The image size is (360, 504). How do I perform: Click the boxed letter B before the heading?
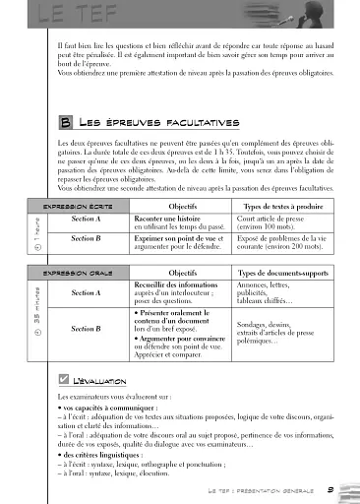[x=65, y=123]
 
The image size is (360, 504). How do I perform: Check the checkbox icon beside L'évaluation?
[x=64, y=379]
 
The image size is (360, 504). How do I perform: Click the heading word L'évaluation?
[x=103, y=380]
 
